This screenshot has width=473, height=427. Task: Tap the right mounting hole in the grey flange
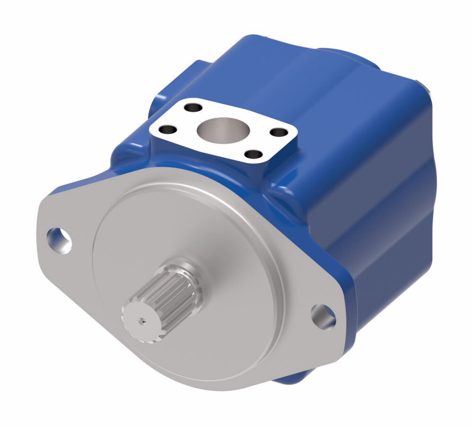coord(324,316)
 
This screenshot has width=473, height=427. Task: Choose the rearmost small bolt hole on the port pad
coord(193,107)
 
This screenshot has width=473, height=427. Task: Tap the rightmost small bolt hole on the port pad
coord(280,133)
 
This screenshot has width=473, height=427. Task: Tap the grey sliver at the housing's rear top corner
coord(430,87)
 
